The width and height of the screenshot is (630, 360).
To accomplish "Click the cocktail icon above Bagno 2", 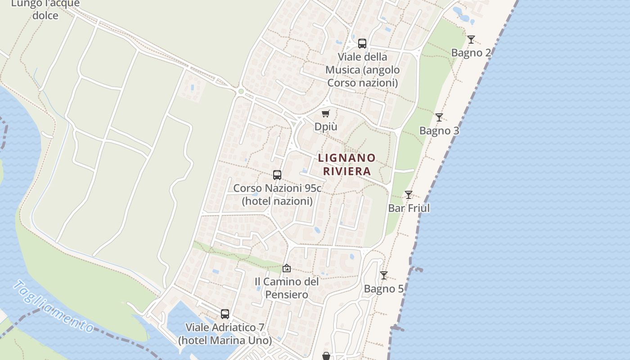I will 471,40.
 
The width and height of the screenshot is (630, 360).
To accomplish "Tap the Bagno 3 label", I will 439,130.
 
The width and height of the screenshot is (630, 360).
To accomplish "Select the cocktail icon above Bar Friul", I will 409,195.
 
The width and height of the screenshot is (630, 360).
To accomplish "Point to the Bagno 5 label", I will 384,289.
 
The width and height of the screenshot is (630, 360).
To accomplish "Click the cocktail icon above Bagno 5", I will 384,275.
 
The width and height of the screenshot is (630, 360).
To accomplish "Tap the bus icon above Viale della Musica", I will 362,44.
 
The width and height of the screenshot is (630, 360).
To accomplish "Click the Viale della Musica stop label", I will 362,70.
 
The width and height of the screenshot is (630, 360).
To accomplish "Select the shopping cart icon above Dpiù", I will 326,114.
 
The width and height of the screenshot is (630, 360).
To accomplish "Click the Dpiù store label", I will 326,127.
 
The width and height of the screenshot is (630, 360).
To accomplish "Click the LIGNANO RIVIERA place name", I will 346,164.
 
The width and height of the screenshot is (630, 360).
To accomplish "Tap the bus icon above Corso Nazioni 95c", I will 277,175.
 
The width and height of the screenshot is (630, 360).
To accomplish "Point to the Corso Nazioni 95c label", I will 277,194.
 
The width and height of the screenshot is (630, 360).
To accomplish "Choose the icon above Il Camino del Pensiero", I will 287,269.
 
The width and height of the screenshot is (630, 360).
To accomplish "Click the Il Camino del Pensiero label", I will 287,288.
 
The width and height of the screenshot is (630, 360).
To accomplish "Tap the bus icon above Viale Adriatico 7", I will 225,314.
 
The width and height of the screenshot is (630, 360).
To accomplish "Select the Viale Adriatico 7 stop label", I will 225,334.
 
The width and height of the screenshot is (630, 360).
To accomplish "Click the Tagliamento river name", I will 53,306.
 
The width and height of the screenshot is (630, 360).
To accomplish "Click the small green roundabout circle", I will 241,91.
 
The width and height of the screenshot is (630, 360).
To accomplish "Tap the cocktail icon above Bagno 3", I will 439,117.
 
